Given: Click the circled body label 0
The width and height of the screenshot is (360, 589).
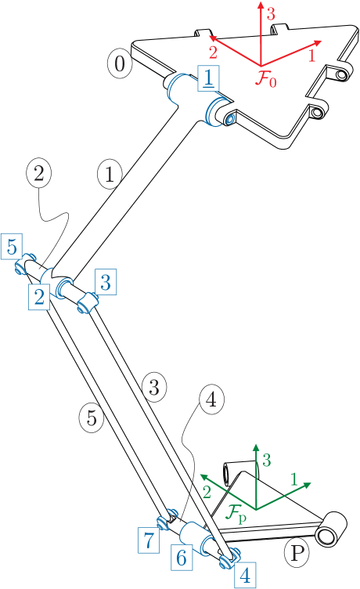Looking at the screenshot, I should tap(119, 64).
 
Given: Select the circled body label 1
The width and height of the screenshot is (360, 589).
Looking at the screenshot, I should tap(110, 174).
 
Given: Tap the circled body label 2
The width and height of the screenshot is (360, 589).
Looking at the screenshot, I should tap(39, 174).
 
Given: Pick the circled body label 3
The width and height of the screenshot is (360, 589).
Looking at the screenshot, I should tap(153, 386).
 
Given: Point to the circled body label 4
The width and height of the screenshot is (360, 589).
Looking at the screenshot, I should tap(210, 400).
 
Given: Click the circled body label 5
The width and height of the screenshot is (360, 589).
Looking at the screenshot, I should tap(92, 417).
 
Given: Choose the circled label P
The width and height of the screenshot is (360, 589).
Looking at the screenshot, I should tap(297, 554).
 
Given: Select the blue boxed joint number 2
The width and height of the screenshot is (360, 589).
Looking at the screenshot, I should tap(38, 295).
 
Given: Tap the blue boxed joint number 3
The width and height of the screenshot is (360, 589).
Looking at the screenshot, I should tap(106, 281).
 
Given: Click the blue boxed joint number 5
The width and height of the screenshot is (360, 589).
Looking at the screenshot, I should tap(12, 247).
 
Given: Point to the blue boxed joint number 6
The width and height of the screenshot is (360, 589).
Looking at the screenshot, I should tap(181, 557).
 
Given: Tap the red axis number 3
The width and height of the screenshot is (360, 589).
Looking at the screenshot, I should tap(271, 13).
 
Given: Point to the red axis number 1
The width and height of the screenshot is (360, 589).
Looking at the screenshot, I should tap(311, 56).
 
